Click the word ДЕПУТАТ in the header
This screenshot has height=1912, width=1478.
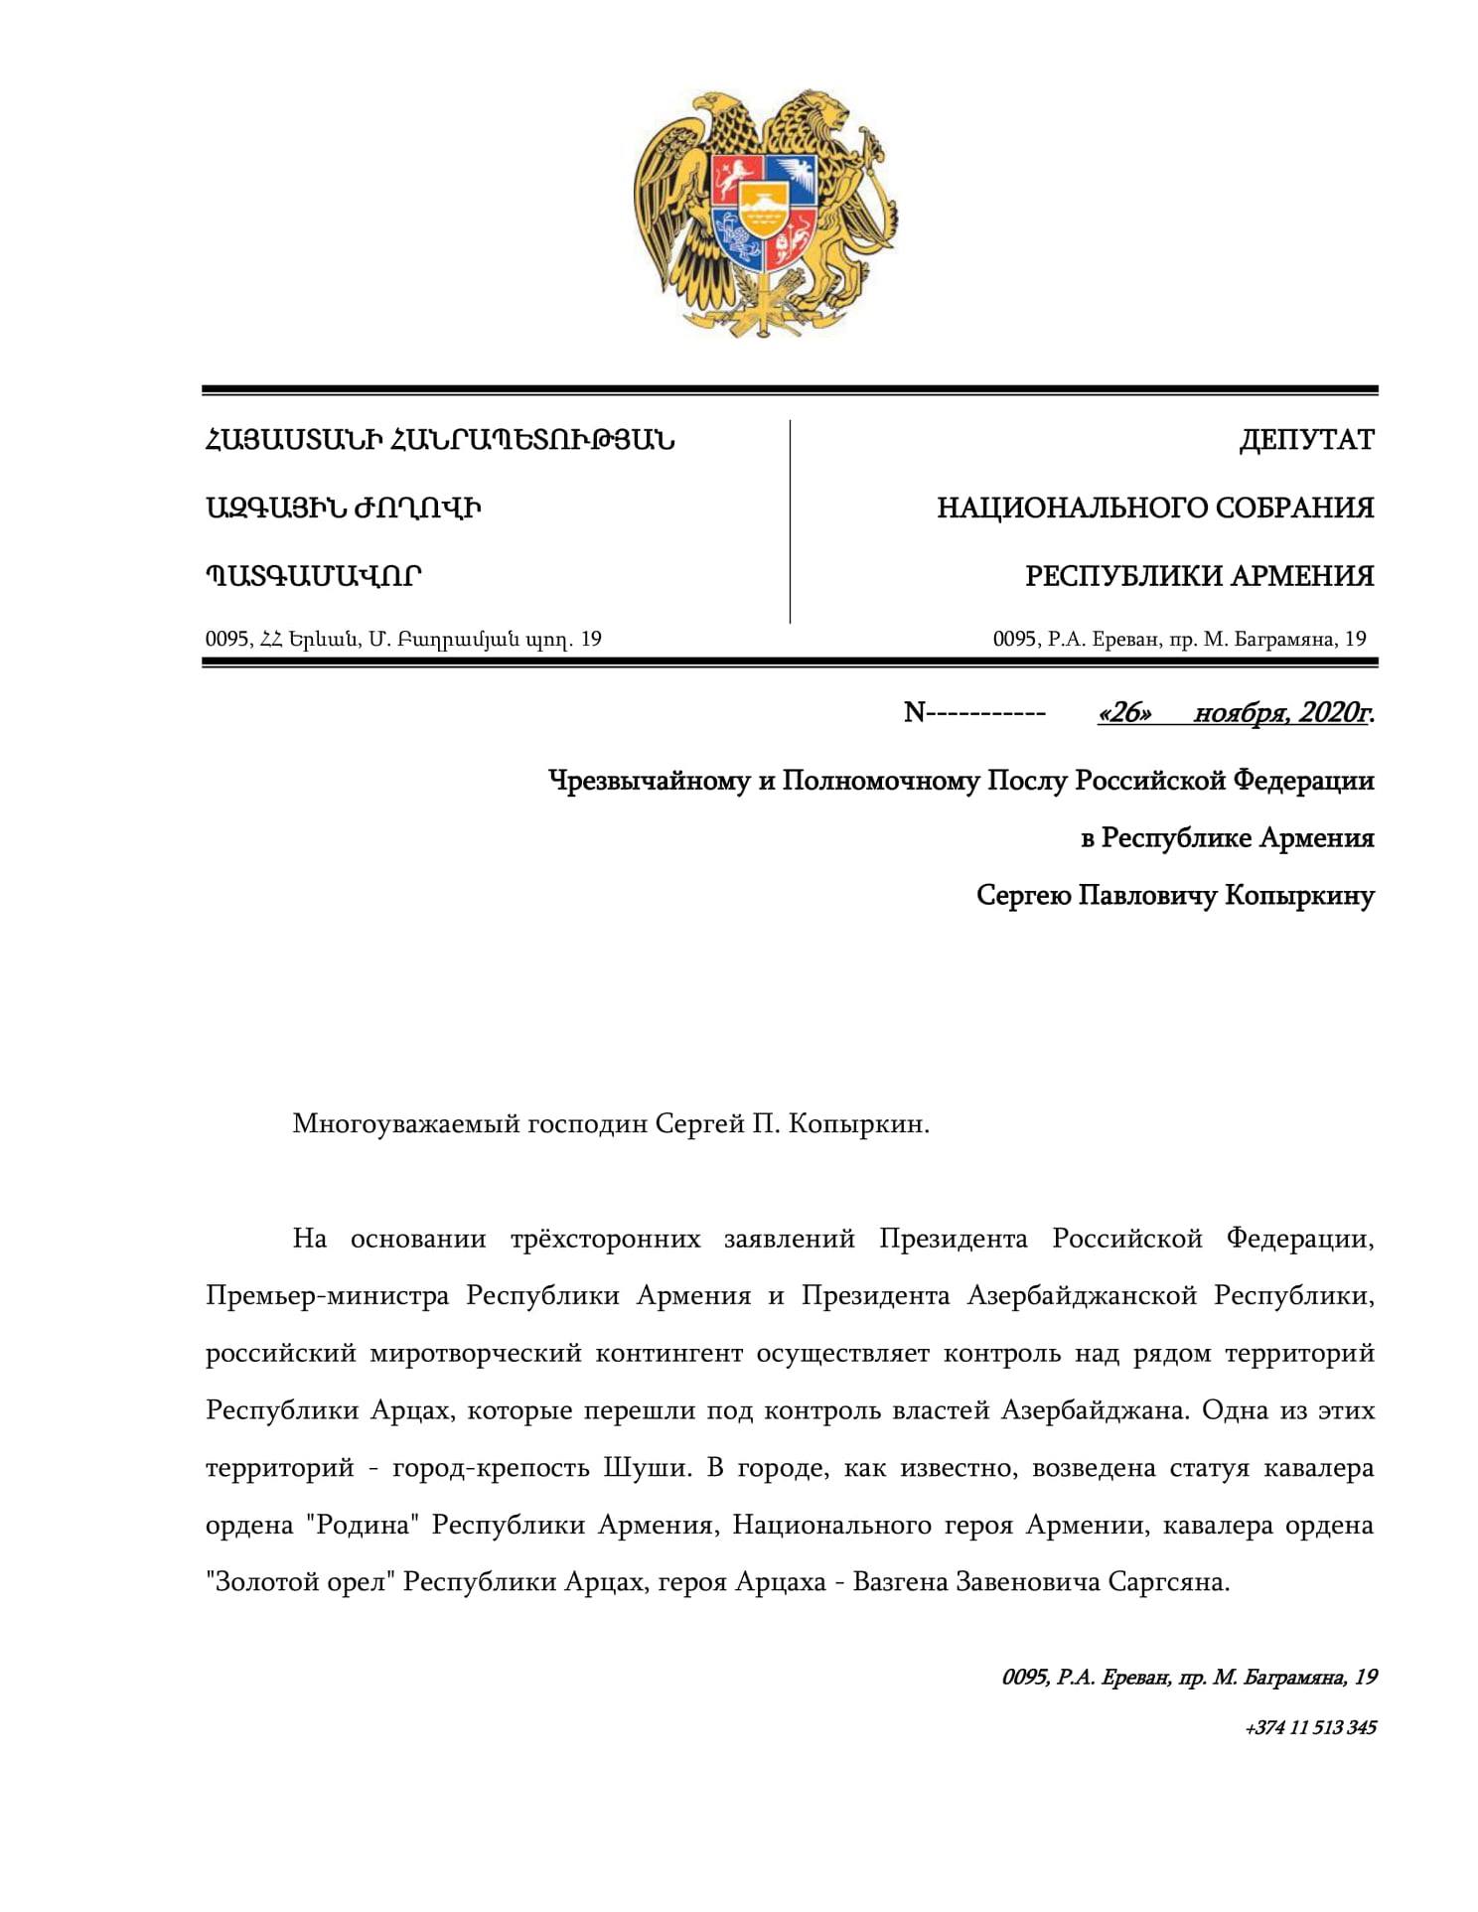(1306, 440)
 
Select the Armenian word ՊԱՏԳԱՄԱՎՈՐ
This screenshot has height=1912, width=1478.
(314, 576)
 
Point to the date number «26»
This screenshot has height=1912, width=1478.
(1124, 712)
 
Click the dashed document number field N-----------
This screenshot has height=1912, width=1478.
(974, 712)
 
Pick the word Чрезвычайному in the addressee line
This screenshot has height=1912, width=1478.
(650, 781)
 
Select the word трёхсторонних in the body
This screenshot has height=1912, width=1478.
(605, 1240)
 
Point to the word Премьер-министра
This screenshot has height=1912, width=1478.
(328, 1296)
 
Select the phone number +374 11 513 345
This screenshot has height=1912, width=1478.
(1310, 1727)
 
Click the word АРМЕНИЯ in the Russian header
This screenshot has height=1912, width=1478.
(1303, 576)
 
